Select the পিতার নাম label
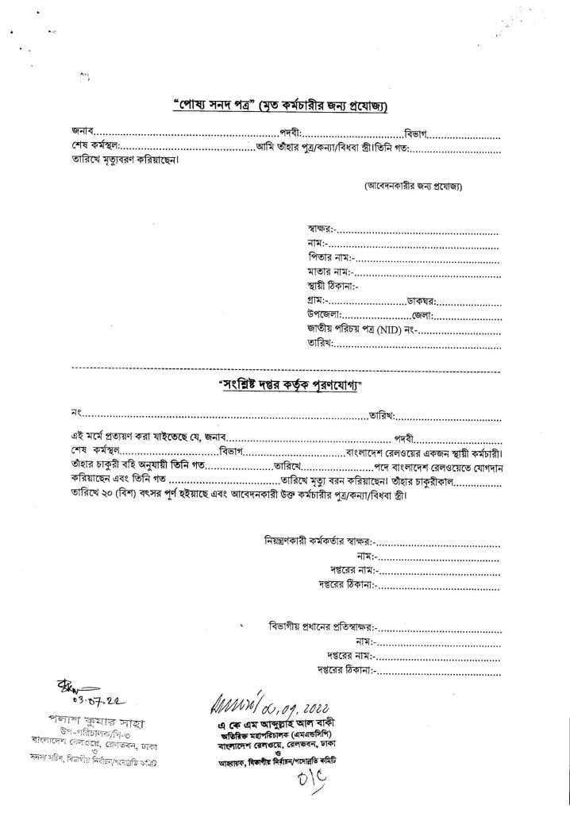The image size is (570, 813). (329, 258)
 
